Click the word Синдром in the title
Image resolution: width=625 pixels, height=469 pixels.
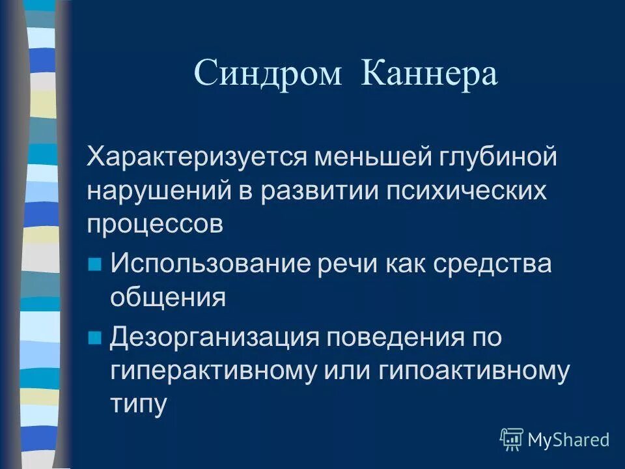coord(268,74)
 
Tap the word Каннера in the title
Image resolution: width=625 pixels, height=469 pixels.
coord(430,74)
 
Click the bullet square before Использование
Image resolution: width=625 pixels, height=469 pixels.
coord(95,264)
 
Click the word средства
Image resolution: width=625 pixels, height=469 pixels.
coord(499,264)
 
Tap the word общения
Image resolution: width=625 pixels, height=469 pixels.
coord(168,298)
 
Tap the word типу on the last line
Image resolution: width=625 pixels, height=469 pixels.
coord(139,405)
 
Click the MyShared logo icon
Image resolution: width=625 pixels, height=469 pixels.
coord(512,440)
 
